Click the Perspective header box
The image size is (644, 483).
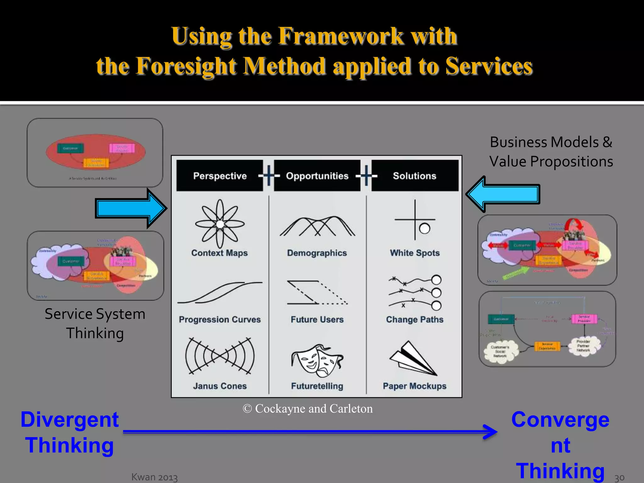[220, 176]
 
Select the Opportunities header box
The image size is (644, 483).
[317, 176]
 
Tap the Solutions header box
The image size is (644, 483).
[414, 176]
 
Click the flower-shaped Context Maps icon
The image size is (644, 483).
[220, 224]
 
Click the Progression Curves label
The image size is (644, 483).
[220, 319]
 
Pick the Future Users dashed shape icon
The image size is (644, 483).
[317, 292]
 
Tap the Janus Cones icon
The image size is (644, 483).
[220, 356]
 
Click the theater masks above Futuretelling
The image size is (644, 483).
[317, 361]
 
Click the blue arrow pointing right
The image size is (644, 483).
[130, 208]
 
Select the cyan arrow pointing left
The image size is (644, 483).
[503, 194]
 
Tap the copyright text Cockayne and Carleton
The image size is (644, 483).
[308, 408]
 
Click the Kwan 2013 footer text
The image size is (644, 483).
[154, 477]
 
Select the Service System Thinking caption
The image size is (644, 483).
[95, 324]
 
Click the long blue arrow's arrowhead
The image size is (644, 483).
[491, 432]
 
